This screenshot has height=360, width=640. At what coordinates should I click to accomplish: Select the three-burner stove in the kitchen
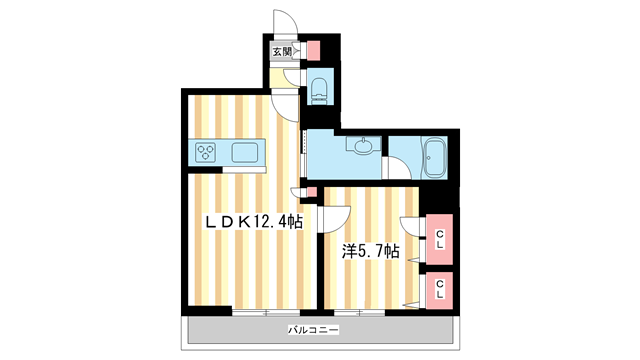tap(207, 153)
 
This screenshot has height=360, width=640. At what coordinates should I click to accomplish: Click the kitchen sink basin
tap(245, 153)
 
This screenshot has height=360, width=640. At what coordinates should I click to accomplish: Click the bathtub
tap(433, 158)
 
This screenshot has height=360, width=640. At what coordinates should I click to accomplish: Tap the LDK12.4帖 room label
tap(254, 223)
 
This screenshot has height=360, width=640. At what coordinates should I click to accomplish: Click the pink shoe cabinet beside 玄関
tap(312, 49)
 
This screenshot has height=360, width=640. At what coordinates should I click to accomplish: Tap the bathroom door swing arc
tap(398, 168)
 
